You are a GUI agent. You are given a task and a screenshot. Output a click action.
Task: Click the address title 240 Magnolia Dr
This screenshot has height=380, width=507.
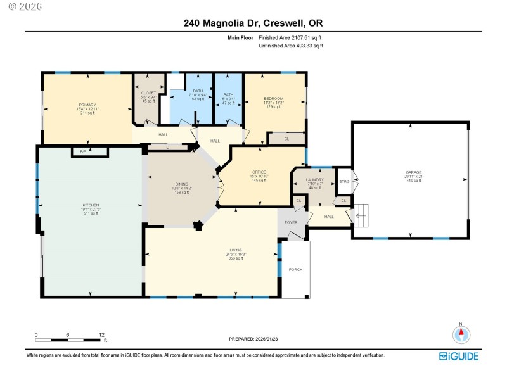(253, 23)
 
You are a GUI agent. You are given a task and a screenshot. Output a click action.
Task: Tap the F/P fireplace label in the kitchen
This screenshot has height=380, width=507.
(84, 151)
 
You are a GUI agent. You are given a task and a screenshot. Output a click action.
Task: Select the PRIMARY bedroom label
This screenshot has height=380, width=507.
(87, 104)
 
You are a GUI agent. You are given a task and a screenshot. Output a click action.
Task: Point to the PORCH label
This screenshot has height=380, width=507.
(295, 270)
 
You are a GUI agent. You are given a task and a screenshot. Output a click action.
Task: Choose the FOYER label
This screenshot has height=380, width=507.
(290, 222)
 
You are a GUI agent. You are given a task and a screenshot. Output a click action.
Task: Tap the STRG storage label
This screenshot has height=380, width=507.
(344, 181)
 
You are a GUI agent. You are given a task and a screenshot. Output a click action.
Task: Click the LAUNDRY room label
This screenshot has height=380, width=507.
(315, 180)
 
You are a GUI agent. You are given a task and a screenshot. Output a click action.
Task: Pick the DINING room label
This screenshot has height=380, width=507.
(182, 184)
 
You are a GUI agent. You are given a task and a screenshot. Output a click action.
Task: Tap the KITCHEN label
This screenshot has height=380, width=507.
(90, 205)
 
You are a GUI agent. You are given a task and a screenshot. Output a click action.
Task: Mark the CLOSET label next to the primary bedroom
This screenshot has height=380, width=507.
(148, 93)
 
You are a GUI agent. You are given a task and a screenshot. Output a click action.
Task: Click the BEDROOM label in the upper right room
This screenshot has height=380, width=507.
(273, 98)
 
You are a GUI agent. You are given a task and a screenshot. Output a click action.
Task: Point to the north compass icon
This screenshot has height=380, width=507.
(461, 333)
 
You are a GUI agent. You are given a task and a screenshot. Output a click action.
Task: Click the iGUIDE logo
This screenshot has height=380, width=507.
(459, 356)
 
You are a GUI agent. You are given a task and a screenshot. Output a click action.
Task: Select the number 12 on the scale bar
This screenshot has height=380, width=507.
(101, 334)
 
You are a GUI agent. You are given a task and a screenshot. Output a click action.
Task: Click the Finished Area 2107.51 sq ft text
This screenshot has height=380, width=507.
(294, 38)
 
